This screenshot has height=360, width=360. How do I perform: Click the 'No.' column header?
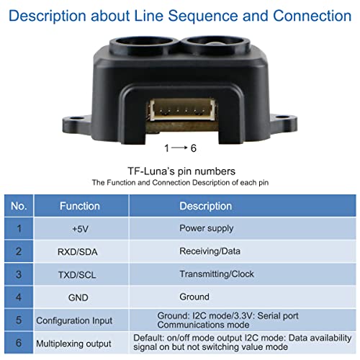[x=19, y=206]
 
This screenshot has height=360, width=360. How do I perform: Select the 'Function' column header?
[x=80, y=206]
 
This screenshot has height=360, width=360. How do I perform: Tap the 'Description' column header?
[x=205, y=206]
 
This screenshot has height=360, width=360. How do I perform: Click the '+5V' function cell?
[x=80, y=228]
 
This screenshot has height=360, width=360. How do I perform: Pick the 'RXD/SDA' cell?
[x=80, y=251]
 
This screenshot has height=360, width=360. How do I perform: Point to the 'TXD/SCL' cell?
[x=80, y=274]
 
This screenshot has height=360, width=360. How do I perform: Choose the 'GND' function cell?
[x=80, y=297]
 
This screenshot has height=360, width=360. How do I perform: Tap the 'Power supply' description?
[x=206, y=228]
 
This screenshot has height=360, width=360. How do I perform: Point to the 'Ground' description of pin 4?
[x=194, y=297]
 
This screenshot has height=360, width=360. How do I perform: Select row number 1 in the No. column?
[x=19, y=228]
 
